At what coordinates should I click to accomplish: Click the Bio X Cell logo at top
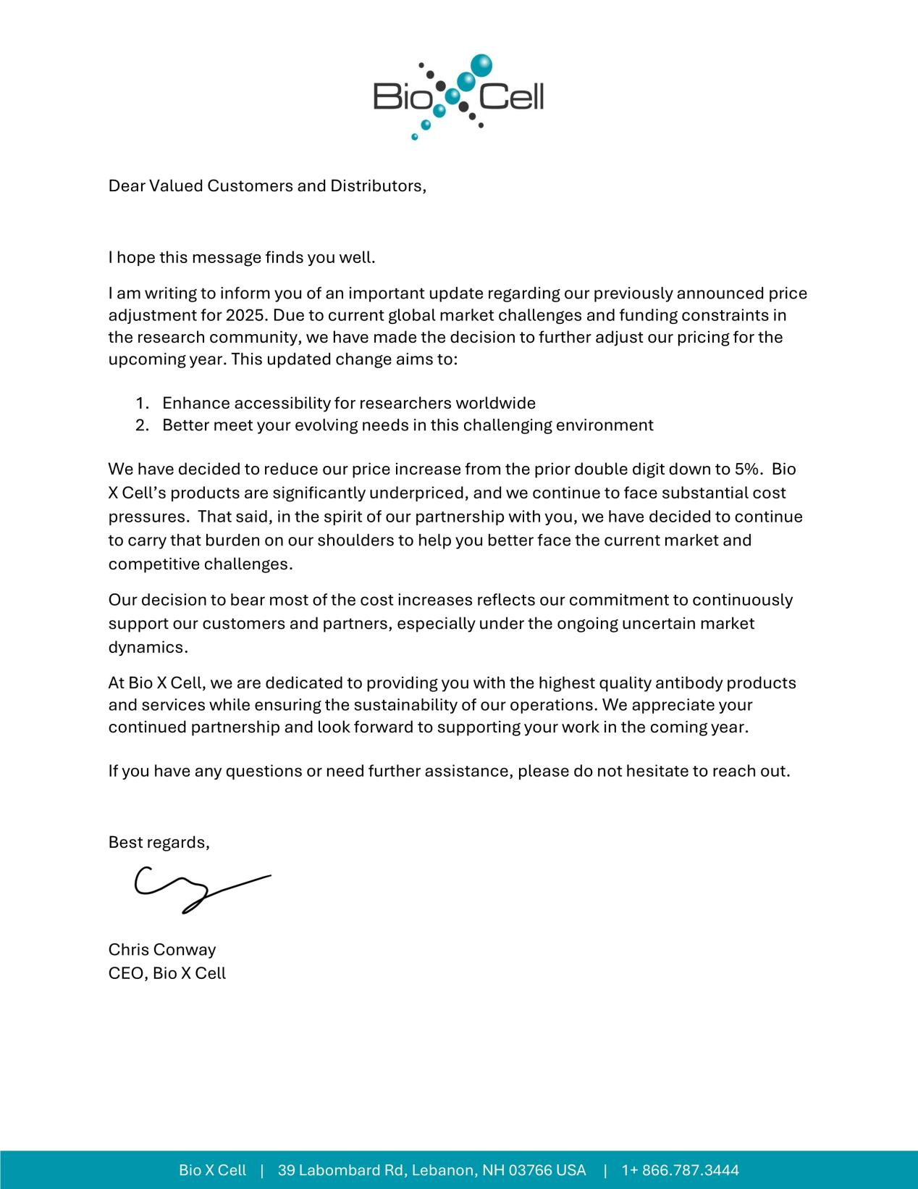tap(458, 96)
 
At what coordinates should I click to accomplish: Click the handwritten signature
tap(201, 889)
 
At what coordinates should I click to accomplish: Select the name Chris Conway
tap(162, 949)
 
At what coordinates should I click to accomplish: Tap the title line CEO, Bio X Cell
tap(167, 973)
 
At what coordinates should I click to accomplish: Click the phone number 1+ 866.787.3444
tap(680, 1170)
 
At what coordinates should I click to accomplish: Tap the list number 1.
tap(141, 403)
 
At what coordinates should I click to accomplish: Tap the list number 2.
tap(141, 425)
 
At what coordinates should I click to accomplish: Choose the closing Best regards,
tap(159, 842)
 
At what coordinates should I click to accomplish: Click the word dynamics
tap(148, 647)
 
